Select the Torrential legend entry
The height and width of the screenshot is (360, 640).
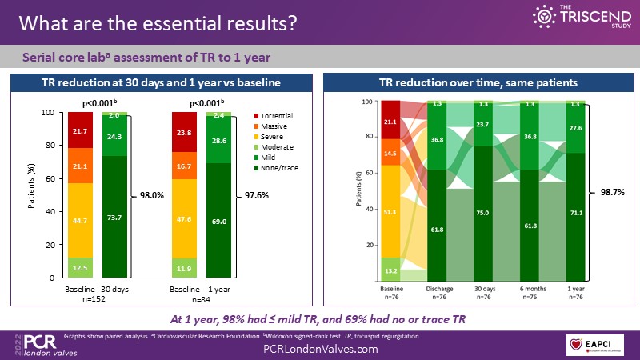tap(277, 117)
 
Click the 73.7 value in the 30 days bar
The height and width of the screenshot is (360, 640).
tap(114, 218)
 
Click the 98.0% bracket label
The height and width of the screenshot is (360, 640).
tap(153, 194)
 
